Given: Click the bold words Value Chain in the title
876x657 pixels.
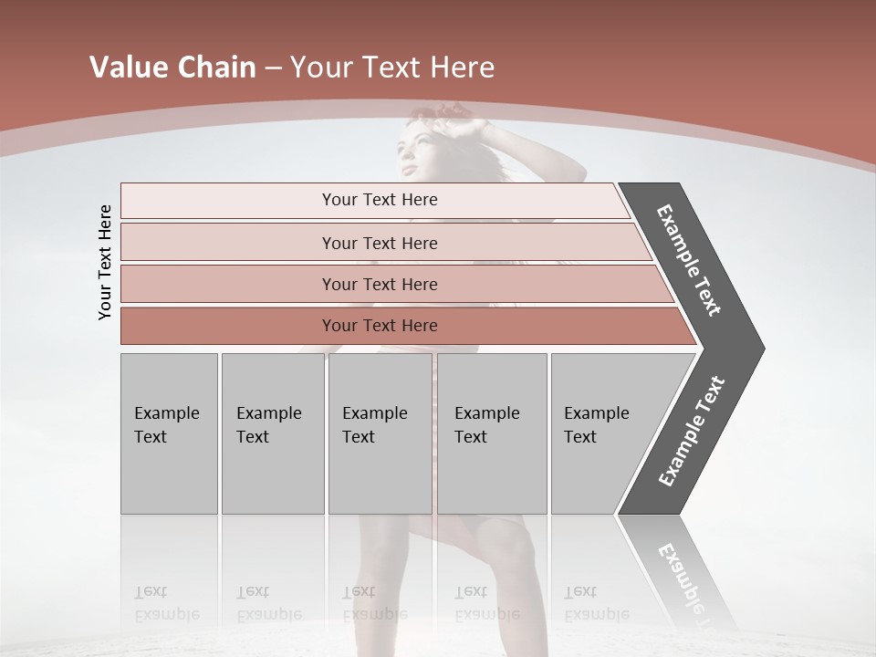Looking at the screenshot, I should pos(172,68).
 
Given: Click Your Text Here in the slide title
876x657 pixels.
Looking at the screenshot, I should pos(392,68).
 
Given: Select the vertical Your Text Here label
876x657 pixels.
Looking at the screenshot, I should pos(105,262).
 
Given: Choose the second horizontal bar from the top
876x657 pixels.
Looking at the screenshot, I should pos(379,243).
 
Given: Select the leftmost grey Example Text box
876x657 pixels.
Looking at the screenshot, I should pos(169,433).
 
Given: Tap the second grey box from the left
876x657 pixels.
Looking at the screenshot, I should pos(272,433).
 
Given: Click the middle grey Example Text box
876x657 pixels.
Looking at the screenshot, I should pos(380,433).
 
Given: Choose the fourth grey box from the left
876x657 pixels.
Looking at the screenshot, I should pos(491,433).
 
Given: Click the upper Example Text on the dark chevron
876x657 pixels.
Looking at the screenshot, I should pos(689,260).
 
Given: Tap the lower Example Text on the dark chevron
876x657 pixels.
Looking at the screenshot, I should pos(692,431).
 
